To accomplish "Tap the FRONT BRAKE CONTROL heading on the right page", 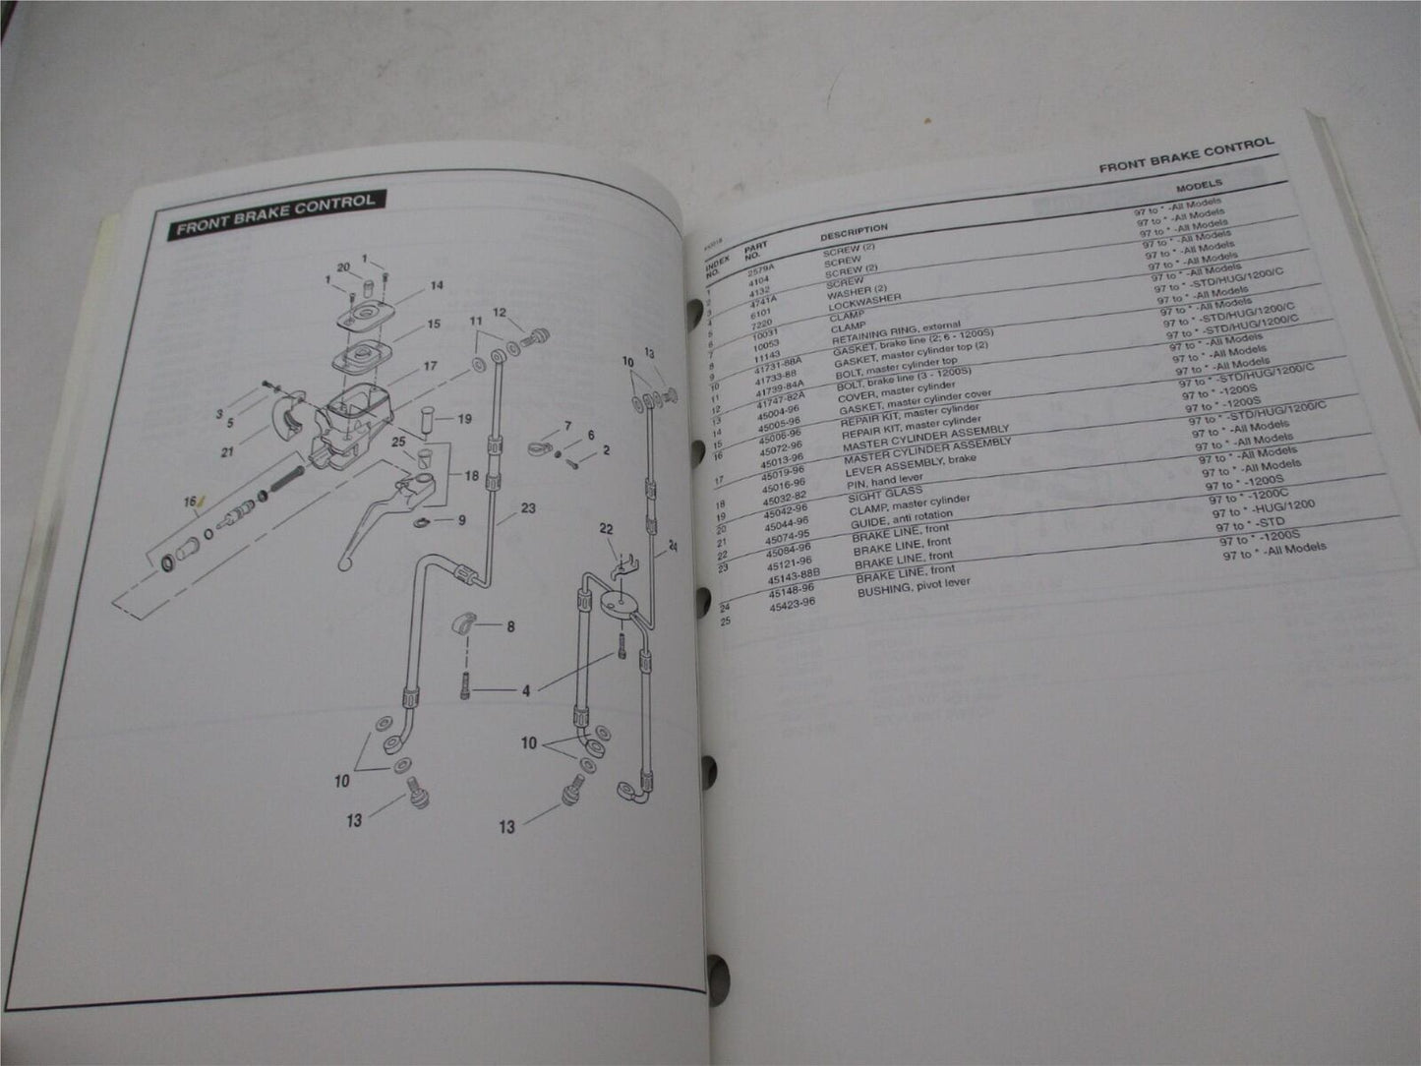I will click(x=1185, y=155).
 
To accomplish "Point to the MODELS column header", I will click(x=1199, y=185).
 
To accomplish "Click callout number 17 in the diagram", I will click(x=430, y=366).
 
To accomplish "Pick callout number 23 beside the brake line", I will click(x=528, y=508).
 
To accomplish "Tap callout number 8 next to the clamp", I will click(x=510, y=626).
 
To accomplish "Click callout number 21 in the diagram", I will click(x=227, y=452).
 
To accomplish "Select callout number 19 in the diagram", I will click(x=464, y=419).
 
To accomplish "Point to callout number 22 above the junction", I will click(x=607, y=530).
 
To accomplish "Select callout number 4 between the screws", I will click(x=526, y=691).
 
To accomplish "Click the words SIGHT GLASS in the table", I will click(x=889, y=494).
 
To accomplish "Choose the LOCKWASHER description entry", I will click(x=866, y=299).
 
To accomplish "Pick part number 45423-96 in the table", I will click(x=792, y=604).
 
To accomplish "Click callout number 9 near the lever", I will click(x=461, y=520).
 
